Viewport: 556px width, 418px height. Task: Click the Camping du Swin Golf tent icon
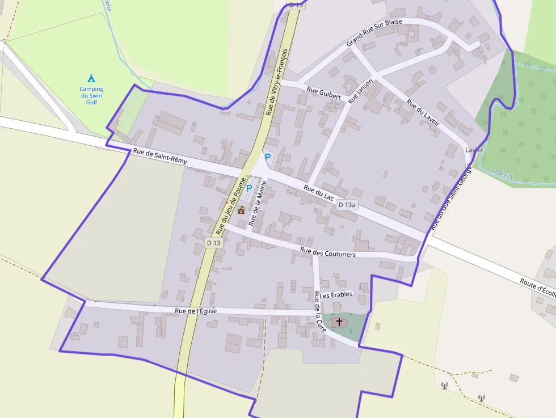coord(91,78)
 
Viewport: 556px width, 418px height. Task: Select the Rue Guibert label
coord(323,93)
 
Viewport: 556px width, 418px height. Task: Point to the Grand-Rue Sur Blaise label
coord(374,32)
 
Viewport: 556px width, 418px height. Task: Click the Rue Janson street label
coord(361,91)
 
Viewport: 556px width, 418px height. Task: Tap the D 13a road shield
coord(347,205)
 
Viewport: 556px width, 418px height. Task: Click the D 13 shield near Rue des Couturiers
coord(213,243)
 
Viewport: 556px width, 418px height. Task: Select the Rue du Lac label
coord(318,193)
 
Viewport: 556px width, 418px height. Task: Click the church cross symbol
coord(339,322)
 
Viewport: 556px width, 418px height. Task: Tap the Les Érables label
coord(336,295)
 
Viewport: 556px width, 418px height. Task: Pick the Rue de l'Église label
coord(196,311)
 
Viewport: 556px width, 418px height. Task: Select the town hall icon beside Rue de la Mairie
coord(241,210)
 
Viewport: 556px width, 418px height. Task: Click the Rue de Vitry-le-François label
coord(276,82)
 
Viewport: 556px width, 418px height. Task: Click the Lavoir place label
coord(474,150)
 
